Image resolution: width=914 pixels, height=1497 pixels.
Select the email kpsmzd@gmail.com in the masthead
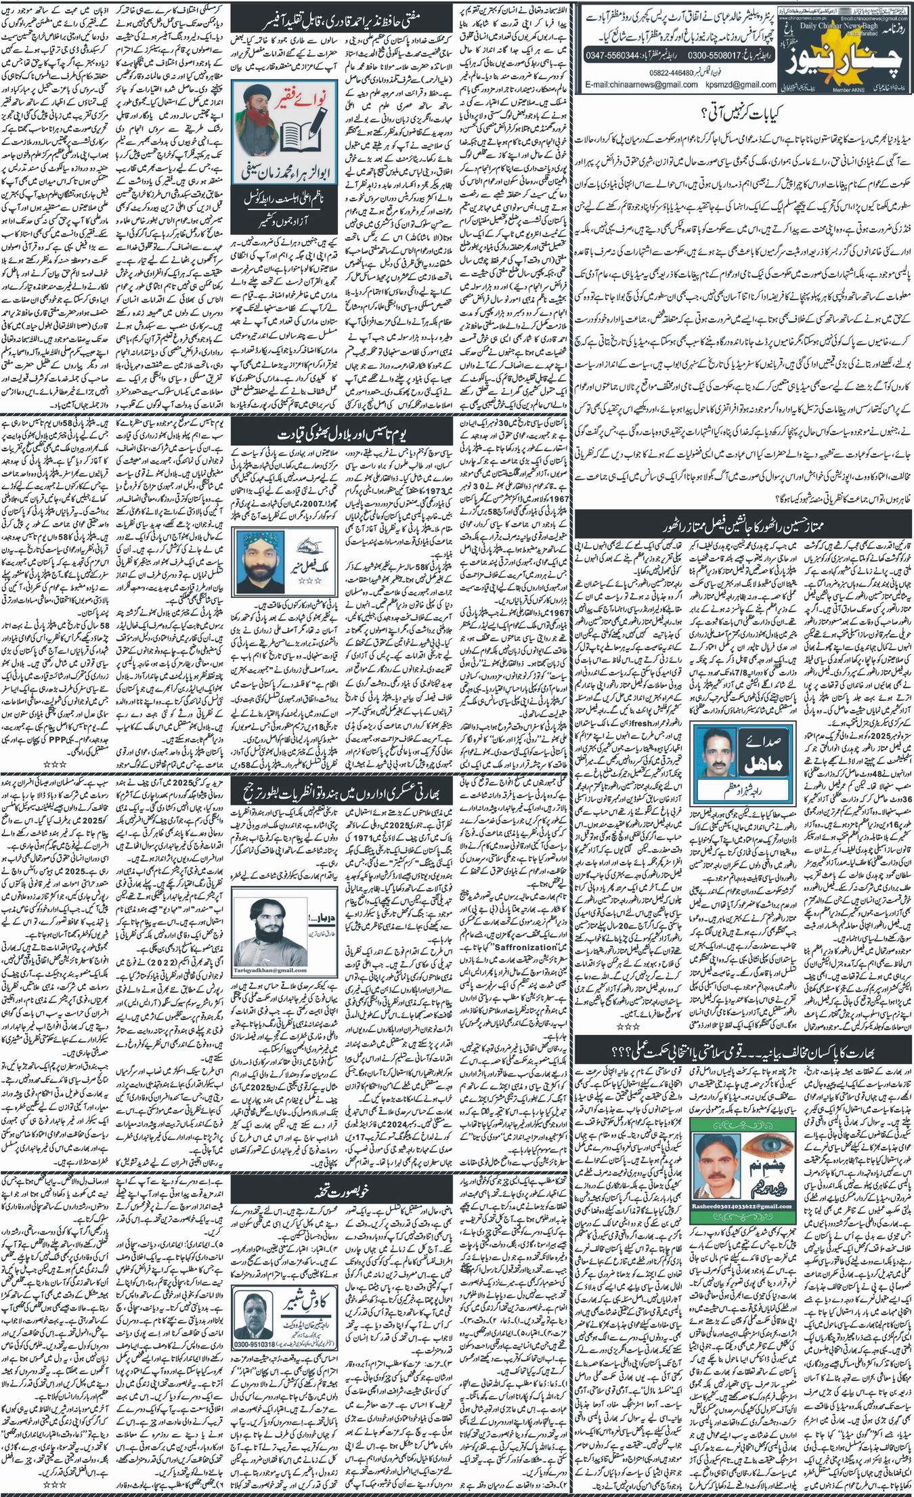733,85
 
